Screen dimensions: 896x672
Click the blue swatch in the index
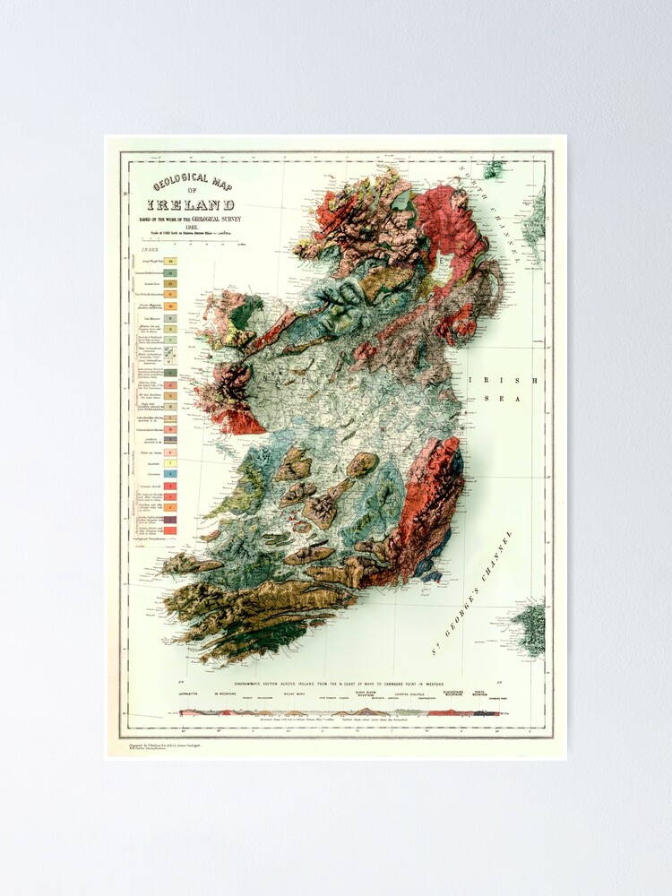coord(169,473)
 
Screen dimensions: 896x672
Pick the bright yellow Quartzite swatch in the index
coord(169,453)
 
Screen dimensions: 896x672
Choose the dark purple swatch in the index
coord(169,519)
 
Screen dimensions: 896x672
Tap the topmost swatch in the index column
coord(169,261)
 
